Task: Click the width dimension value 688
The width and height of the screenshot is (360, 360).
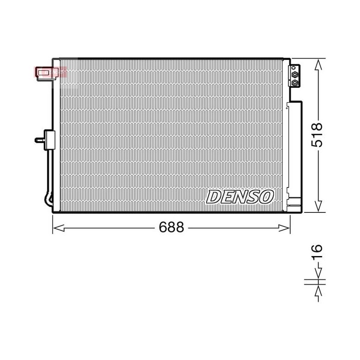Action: (x=171, y=227)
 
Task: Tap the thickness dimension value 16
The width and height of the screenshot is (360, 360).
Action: (x=317, y=252)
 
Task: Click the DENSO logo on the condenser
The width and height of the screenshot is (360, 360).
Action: (x=240, y=197)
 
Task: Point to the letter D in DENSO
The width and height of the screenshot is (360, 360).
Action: (x=213, y=197)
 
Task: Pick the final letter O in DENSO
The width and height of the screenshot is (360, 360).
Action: (x=266, y=197)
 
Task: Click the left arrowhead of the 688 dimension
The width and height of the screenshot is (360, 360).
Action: (x=58, y=228)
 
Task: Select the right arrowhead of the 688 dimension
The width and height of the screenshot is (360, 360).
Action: (x=284, y=228)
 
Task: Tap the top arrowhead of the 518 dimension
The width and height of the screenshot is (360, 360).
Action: (x=318, y=64)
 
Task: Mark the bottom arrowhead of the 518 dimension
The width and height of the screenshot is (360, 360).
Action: (x=318, y=206)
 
